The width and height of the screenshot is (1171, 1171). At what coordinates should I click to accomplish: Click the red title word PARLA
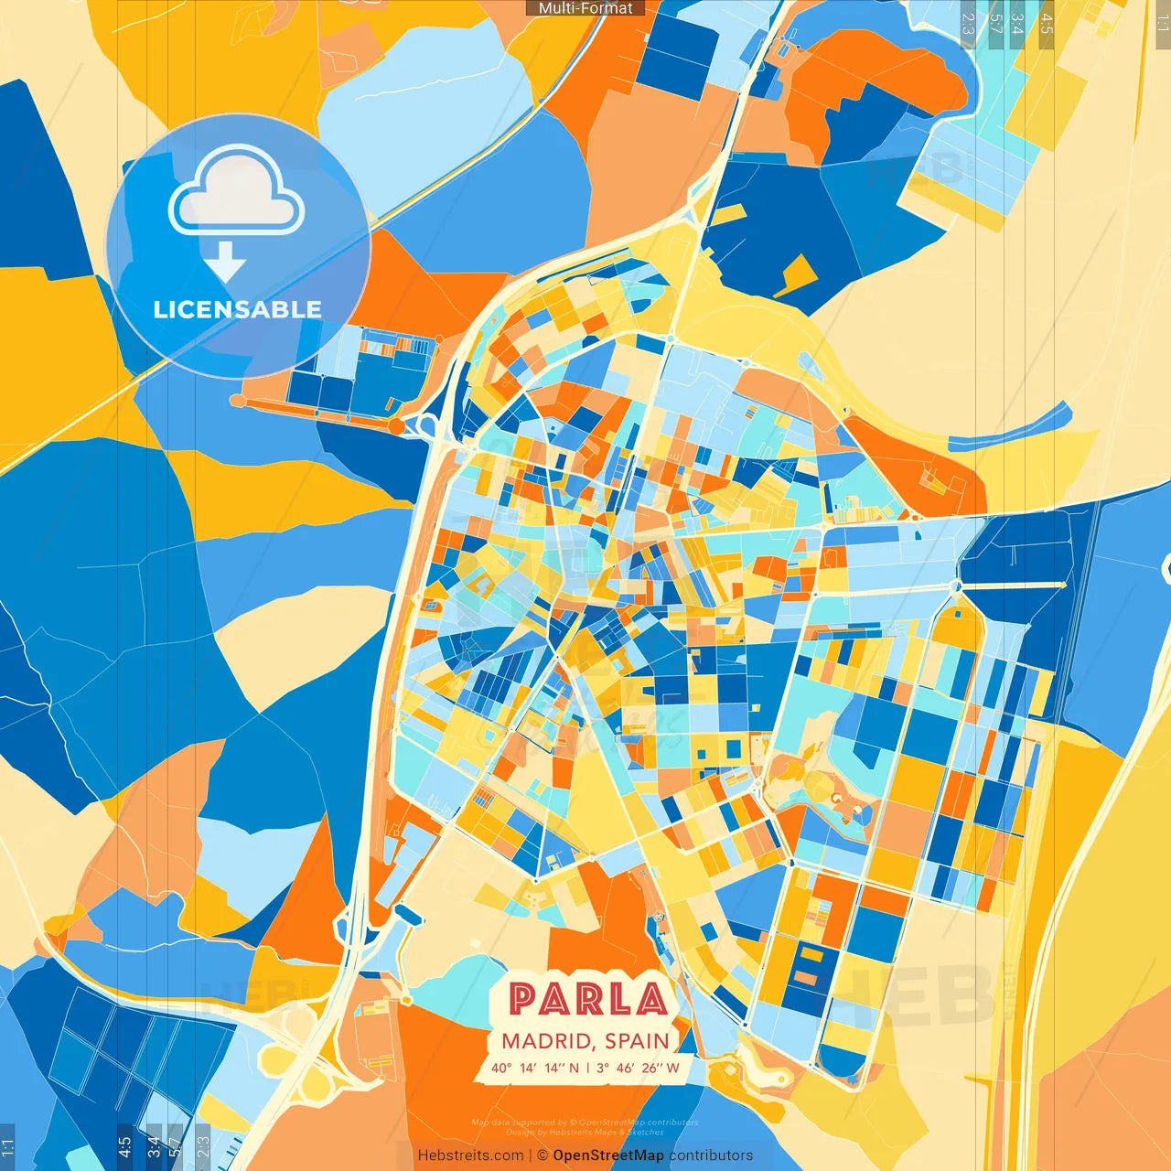coord(586,999)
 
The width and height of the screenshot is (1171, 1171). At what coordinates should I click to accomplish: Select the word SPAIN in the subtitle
coord(637,1041)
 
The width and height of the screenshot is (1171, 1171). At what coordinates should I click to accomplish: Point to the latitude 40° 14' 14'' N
coord(534,1068)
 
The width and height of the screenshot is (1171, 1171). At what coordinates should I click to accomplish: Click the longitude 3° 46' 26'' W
coord(638,1068)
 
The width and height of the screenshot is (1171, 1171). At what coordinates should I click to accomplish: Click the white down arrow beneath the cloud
coord(225,263)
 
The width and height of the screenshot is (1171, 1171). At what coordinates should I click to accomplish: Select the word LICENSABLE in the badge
coord(237,309)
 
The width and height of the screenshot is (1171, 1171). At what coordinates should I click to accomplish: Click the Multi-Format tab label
coord(585,8)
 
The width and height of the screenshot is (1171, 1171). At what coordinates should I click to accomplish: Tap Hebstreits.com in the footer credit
coord(470,1155)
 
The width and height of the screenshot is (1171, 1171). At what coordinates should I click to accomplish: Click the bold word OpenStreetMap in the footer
coord(607,1155)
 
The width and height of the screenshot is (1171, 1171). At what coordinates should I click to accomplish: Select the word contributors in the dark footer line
coord(711,1155)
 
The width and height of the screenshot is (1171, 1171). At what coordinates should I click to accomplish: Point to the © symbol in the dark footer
coord(543,1155)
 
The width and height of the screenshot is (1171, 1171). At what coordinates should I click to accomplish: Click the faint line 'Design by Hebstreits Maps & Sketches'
coord(585,1133)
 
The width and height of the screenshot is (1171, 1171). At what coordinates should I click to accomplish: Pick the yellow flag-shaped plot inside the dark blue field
coord(795,274)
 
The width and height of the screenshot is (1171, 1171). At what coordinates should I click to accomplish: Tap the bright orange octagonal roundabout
coord(395,426)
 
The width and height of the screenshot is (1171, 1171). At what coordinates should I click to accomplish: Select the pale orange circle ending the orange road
coord(238,401)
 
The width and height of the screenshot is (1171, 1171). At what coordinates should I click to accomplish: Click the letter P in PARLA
coord(522,999)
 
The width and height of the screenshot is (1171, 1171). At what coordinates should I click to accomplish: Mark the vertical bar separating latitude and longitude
coord(588,1068)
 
